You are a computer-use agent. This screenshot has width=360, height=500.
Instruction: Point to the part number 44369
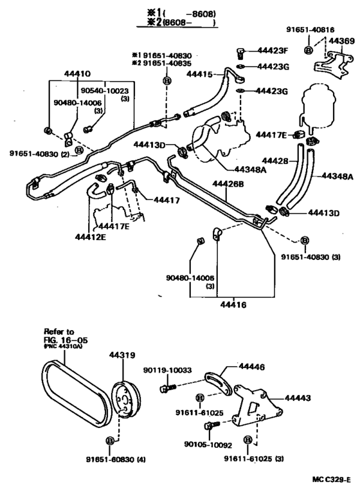tap(341, 41)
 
